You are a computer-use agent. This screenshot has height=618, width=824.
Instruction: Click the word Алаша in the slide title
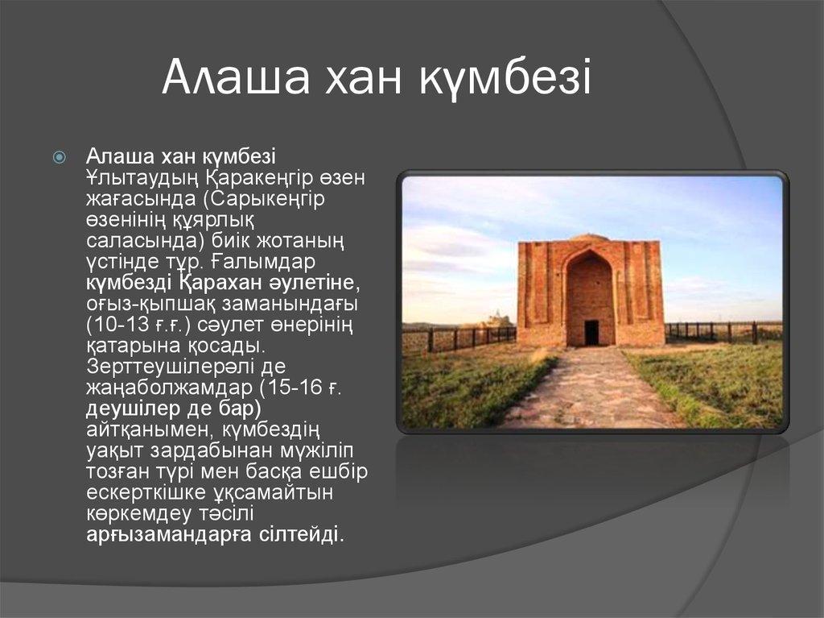236,77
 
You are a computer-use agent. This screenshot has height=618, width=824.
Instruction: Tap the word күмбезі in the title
505,77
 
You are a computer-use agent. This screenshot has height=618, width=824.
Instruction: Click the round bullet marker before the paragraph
60,157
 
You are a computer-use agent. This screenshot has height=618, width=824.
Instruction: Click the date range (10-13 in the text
118,325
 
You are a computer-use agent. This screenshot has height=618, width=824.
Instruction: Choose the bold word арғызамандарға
169,535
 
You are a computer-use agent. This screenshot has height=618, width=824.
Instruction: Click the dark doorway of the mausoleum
591,333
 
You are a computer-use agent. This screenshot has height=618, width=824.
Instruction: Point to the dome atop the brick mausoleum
589,238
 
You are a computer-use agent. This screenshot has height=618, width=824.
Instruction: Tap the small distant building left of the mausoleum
493,320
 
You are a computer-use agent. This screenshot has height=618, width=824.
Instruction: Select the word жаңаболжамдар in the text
170,388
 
